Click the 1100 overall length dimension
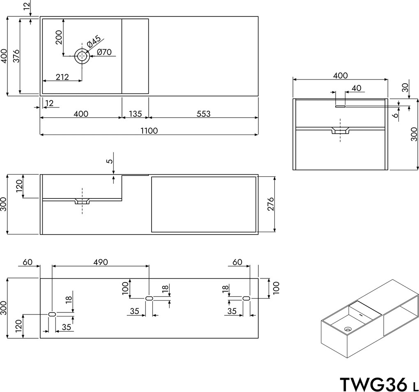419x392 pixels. tap(149, 130)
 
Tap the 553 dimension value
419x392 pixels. tap(203, 114)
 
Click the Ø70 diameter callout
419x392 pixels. tap(105, 52)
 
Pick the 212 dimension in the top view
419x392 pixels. tap(62, 77)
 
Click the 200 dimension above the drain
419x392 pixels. tap(59, 38)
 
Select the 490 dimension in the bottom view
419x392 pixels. tap(100, 262)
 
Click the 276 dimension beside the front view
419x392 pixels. tap(270, 204)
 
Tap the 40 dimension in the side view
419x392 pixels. tap(356, 88)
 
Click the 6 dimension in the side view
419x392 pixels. tap(395, 116)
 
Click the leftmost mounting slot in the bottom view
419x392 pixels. tap(52, 314)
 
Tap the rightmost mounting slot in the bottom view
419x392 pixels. tap(246, 298)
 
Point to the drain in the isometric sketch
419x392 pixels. tap(348, 328)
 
